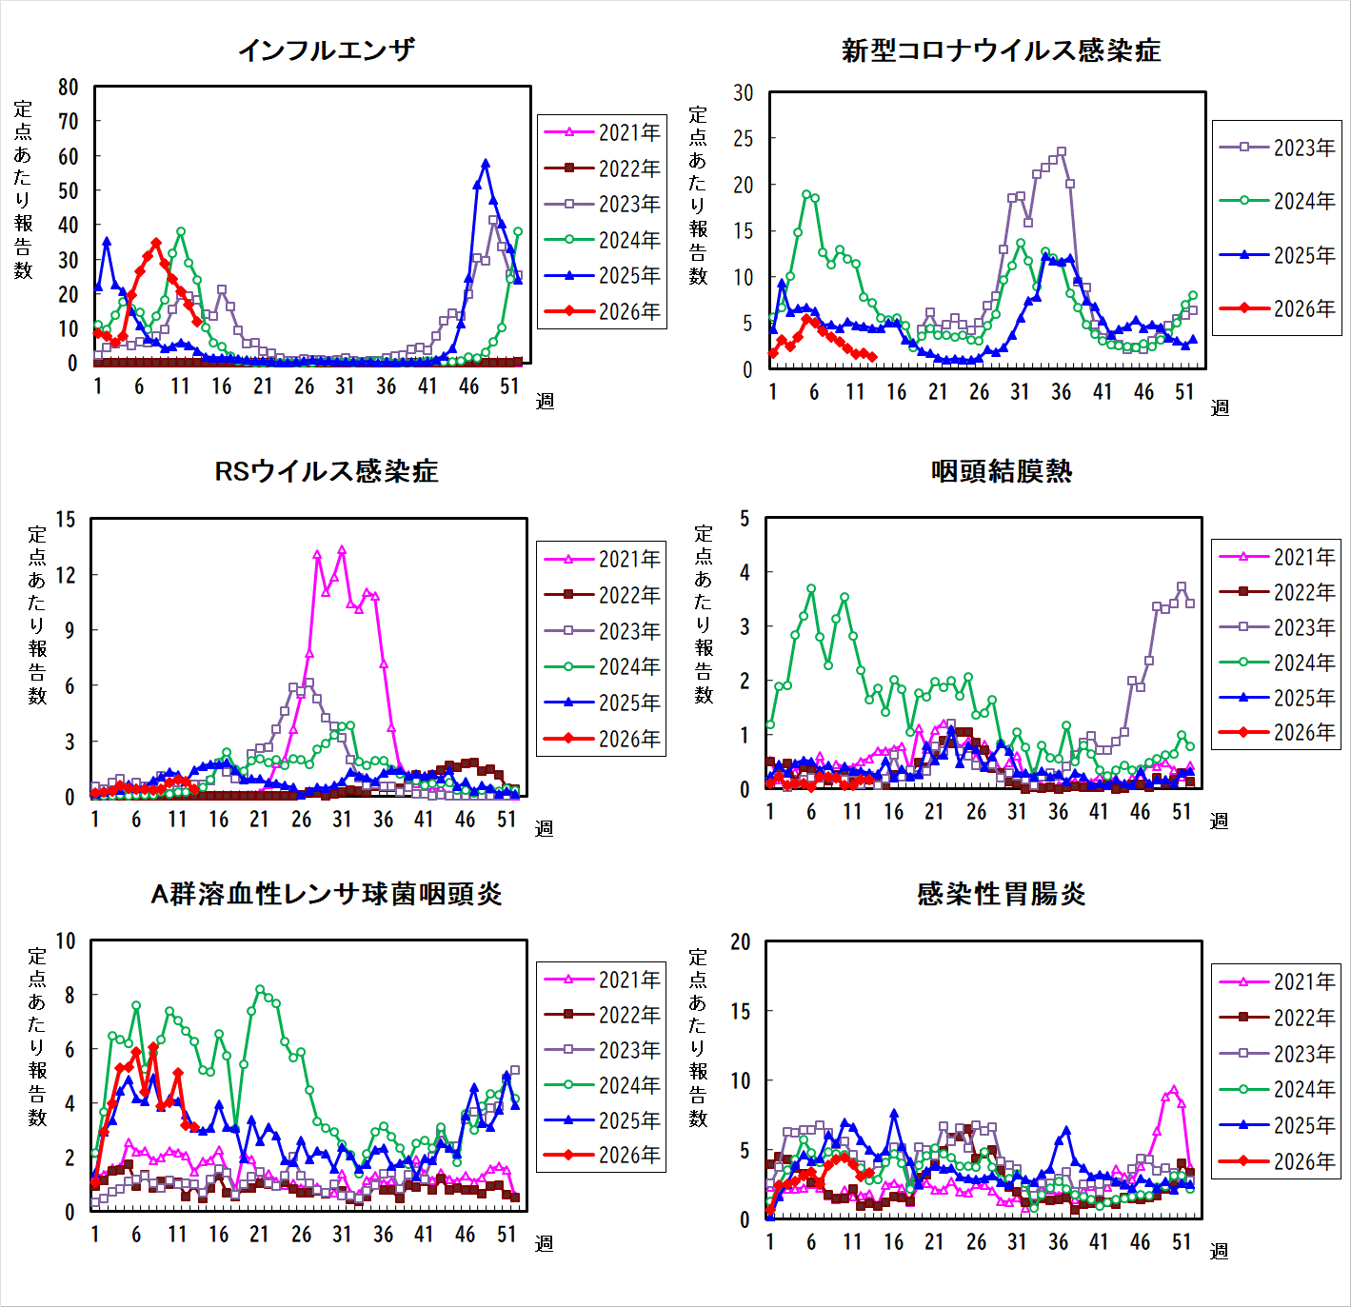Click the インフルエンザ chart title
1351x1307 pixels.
point(326,50)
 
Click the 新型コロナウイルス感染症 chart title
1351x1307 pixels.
point(1001,50)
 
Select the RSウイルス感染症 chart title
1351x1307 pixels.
point(326,471)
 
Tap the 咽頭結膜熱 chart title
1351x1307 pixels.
point(1001,471)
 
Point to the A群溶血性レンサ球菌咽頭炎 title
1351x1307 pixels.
point(326,894)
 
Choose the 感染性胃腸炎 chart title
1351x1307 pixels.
point(1001,894)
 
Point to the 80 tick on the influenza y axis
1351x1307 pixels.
point(68,88)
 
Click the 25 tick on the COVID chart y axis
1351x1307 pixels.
point(743,139)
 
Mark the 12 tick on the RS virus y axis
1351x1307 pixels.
point(66,575)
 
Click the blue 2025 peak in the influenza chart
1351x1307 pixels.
point(486,164)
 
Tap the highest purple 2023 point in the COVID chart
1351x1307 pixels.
point(1062,151)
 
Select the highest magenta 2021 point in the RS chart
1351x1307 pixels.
point(342,550)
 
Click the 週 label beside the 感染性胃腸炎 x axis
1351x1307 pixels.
point(1219,1251)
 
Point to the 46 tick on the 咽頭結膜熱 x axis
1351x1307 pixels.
point(1140,812)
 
